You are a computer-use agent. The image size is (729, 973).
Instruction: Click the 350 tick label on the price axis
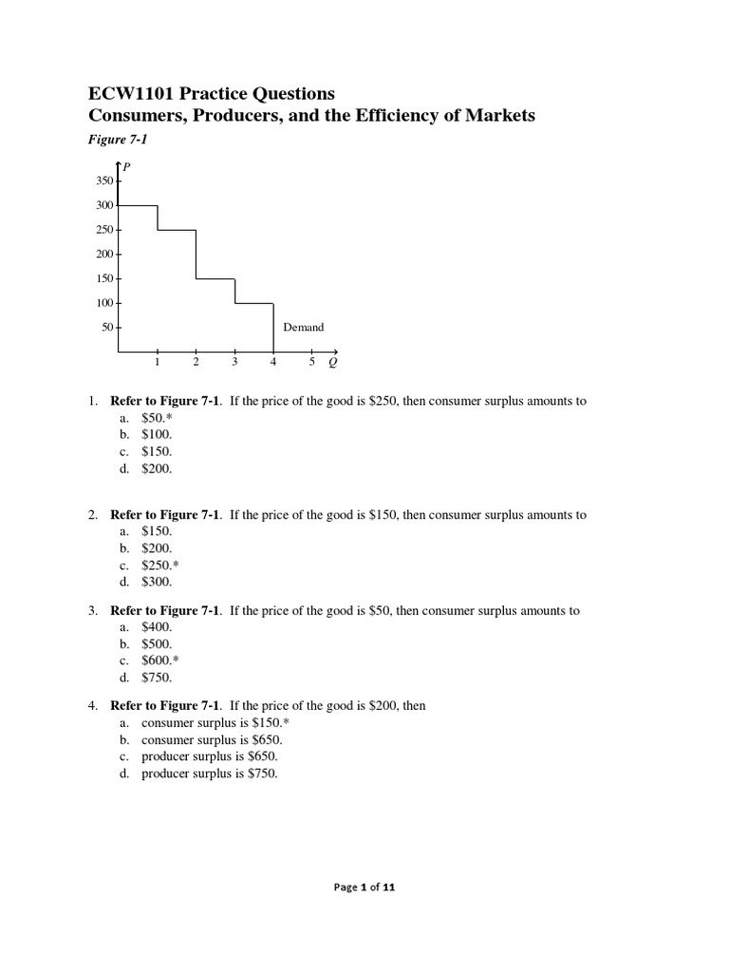click(104, 181)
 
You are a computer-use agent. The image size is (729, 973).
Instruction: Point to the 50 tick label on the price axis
click(107, 328)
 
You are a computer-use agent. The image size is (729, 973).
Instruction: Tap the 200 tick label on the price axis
click(104, 255)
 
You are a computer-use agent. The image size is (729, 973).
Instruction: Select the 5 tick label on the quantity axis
click(312, 362)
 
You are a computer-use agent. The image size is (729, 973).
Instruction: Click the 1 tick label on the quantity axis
click(158, 362)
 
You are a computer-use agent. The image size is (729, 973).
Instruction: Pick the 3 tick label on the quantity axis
click(234, 362)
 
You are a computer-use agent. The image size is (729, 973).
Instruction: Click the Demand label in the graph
click(303, 328)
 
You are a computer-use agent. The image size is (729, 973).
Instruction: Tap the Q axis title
click(331, 362)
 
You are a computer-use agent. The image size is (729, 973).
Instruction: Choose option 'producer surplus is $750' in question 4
click(209, 773)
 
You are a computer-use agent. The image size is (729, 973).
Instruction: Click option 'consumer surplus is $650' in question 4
click(212, 739)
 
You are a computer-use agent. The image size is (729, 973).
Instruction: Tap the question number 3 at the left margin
click(93, 611)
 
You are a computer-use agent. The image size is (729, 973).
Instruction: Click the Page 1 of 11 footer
click(364, 887)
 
